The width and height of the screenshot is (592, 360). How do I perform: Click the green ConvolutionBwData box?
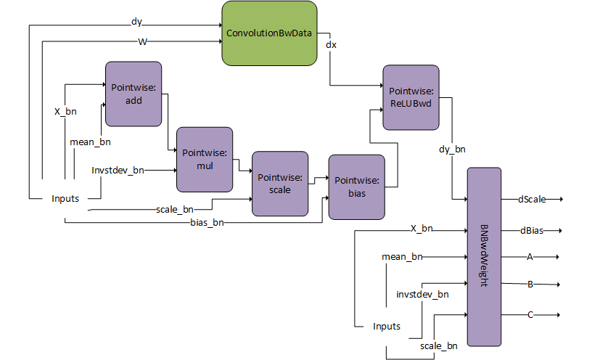[268, 33]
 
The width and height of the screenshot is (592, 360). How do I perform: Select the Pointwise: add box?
[133, 94]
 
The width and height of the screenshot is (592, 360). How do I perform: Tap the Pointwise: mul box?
[205, 159]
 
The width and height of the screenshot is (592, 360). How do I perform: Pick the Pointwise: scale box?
[279, 184]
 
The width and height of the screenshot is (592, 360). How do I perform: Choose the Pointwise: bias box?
[355, 187]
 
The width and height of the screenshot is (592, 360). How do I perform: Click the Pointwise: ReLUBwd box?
[411, 97]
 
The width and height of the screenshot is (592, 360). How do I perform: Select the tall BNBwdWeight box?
[484, 257]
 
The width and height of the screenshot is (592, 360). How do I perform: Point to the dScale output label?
[532, 198]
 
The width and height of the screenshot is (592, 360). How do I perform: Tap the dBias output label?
[531, 231]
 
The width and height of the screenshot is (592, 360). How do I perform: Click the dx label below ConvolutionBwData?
[331, 44]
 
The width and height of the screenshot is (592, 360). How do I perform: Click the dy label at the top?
[136, 21]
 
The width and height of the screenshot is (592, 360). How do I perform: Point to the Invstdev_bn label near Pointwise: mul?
[118, 170]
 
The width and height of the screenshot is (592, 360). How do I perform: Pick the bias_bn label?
[207, 222]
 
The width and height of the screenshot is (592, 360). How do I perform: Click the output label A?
[530, 256]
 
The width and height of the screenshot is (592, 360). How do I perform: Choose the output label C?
[530, 314]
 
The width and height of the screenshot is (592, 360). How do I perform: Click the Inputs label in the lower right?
[387, 326]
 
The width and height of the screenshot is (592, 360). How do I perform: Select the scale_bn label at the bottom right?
[439, 346]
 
